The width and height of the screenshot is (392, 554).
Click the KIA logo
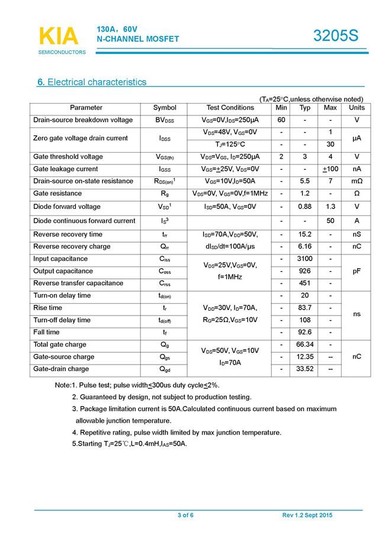click(58, 36)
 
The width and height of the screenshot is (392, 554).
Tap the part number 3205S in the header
click(336, 36)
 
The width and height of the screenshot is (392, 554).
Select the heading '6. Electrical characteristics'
click(92, 82)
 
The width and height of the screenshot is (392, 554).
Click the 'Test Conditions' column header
click(230, 108)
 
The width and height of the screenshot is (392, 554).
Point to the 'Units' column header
click(356, 108)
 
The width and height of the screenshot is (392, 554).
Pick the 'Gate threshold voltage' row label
click(68, 157)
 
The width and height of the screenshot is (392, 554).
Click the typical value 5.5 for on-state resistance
click(305, 181)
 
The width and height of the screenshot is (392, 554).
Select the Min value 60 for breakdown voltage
click(281, 120)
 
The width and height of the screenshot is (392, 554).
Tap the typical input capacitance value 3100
click(305, 259)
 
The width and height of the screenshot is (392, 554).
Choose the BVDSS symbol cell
click(165, 120)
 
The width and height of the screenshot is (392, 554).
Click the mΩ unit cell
click(356, 181)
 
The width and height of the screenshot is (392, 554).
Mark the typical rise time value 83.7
click(305, 308)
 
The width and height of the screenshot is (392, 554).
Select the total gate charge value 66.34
click(305, 344)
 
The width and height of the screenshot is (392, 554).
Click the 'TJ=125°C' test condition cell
click(230, 144)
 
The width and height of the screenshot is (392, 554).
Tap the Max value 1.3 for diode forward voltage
click(330, 207)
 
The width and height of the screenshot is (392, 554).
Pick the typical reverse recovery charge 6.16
click(305, 246)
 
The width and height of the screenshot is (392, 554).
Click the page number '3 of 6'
click(185, 516)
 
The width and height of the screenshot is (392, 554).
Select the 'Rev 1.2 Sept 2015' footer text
click(307, 516)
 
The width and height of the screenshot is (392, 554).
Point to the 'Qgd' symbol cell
click(165, 369)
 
